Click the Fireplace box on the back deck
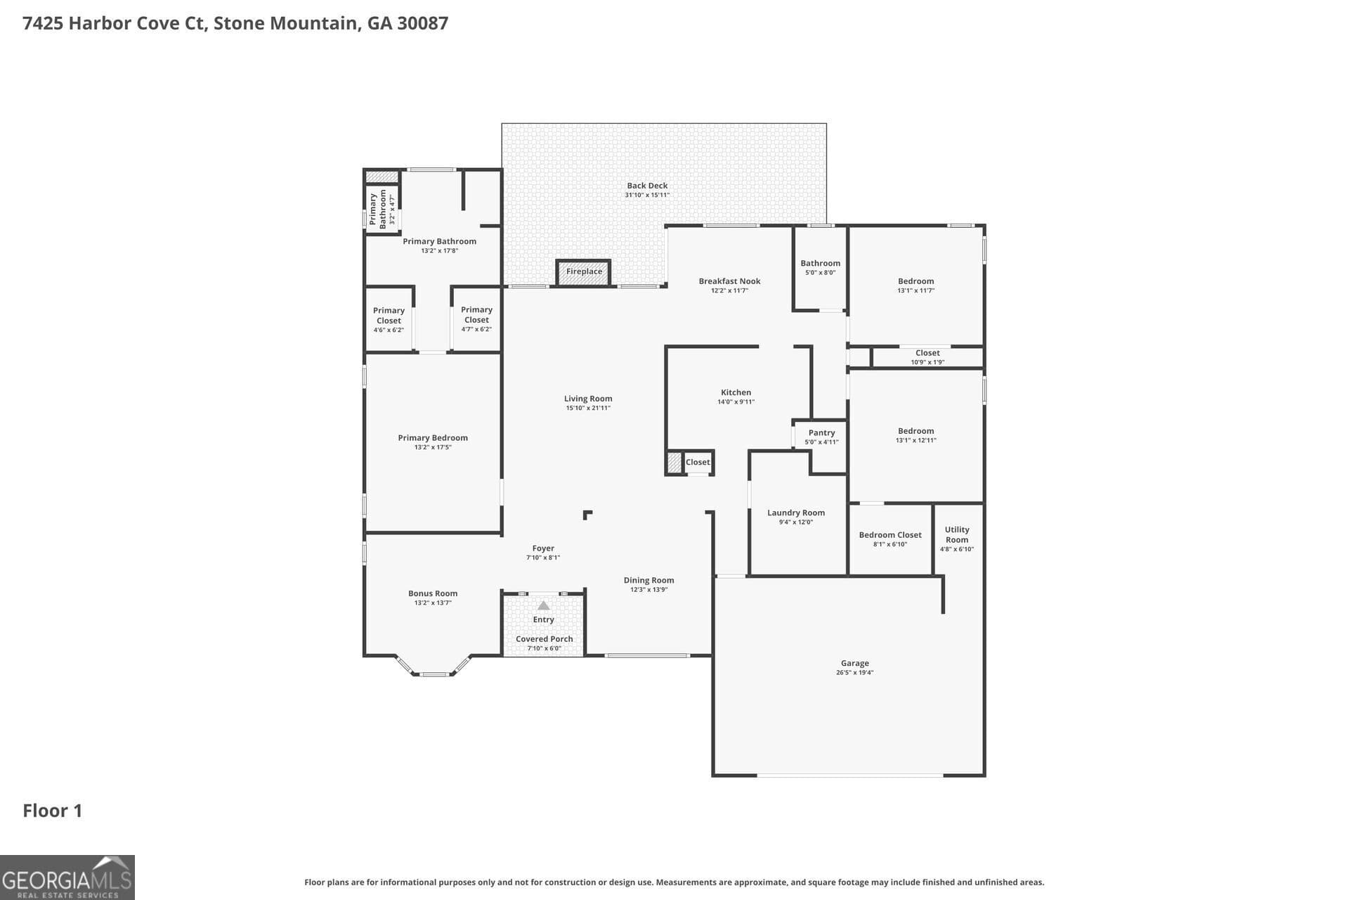[x=584, y=272]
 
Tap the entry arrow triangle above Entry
[x=543, y=605]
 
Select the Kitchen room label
[x=736, y=392]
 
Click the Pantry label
[x=821, y=433]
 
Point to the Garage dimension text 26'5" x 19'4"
[x=854, y=673]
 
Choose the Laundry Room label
[x=795, y=513]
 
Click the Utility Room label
[x=956, y=534]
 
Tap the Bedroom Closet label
[x=889, y=535]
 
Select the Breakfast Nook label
[x=729, y=281]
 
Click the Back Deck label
[x=647, y=186]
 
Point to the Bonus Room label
[x=433, y=593]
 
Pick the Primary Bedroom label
[x=433, y=438]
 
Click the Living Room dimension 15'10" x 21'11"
[x=588, y=409]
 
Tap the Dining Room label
[x=649, y=580]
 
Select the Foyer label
[x=543, y=548]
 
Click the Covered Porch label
[x=544, y=639]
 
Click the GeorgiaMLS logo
[x=67, y=877]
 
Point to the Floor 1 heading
[x=53, y=811]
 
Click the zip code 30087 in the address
[x=422, y=23]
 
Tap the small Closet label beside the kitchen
[x=698, y=462]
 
